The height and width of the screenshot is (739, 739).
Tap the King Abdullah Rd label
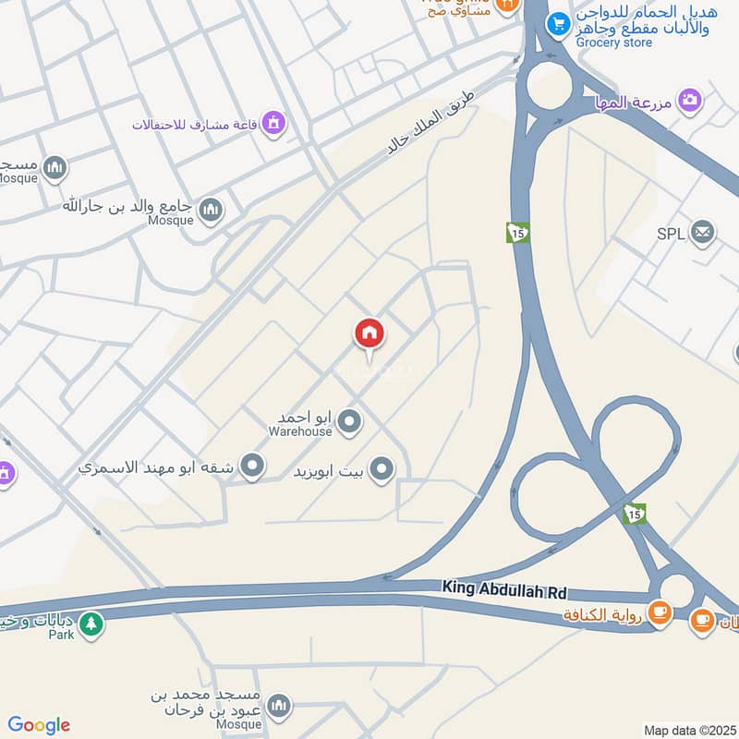coord(503,588)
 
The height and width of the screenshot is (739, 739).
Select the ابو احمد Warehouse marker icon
coord(349,422)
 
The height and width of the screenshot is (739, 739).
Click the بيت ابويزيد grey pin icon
coord(381,471)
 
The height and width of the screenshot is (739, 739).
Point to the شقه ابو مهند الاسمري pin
coord(251,466)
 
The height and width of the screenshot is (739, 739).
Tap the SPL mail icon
coord(702,233)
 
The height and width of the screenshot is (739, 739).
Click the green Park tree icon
coord(90,624)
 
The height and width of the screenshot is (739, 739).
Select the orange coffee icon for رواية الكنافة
coord(659,612)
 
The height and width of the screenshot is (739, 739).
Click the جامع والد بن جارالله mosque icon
coord(212,210)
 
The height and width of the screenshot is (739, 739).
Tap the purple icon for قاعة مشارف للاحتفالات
coord(273,122)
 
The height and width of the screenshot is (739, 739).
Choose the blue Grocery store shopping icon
coord(557,25)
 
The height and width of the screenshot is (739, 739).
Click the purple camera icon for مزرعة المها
coord(689,100)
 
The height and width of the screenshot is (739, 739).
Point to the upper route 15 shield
coord(517,232)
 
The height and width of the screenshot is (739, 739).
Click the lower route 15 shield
coord(634,513)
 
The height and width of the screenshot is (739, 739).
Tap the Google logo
coord(39,725)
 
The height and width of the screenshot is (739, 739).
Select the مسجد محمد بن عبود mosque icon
coord(278,707)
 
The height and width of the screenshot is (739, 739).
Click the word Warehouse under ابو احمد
coord(299,430)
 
